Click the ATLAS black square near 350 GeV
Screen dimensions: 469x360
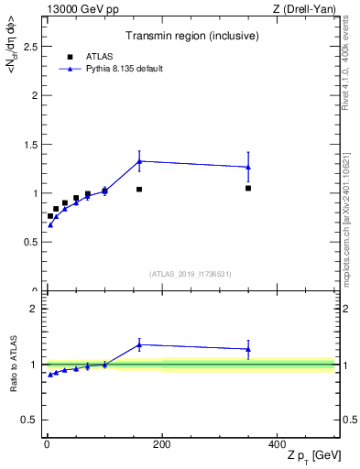click(248, 188)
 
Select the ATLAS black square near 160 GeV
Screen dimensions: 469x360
click(139, 190)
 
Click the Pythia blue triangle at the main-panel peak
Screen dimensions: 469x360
click(139, 161)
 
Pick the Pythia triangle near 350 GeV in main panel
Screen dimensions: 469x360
click(248, 167)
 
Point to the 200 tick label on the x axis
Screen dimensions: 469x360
click(161, 444)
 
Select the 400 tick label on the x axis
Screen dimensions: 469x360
click(277, 444)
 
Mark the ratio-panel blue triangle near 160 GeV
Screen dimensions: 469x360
click(139, 344)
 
